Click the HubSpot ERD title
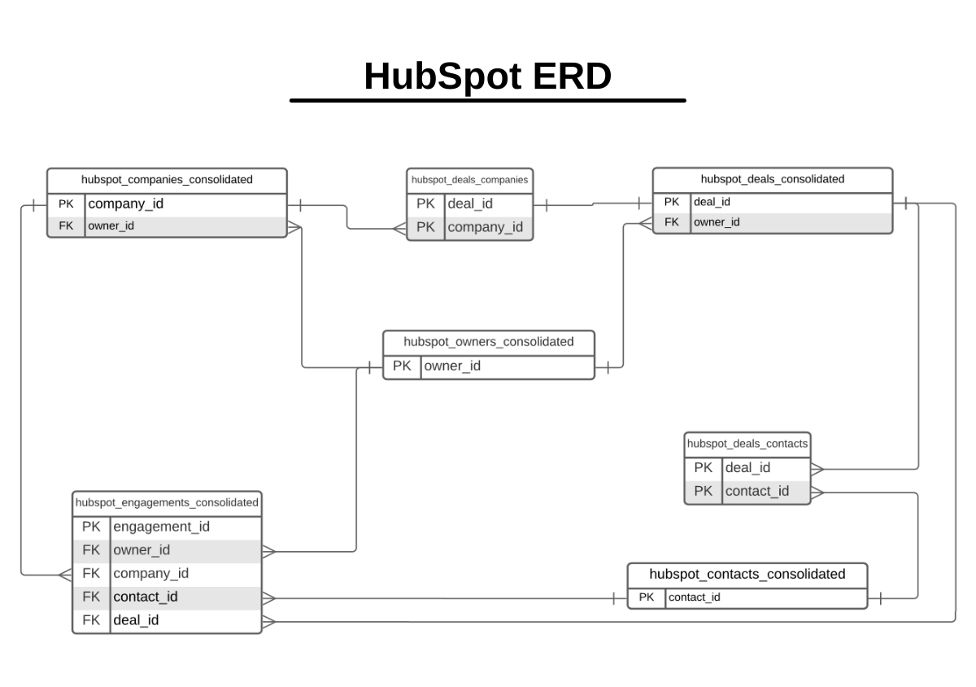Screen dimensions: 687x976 (487, 77)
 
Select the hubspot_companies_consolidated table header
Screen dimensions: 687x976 (167, 180)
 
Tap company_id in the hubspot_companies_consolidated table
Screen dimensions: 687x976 (125, 204)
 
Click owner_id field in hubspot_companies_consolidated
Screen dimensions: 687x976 (111, 226)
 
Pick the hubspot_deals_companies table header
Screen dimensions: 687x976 (469, 180)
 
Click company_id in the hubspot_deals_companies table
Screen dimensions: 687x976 (485, 227)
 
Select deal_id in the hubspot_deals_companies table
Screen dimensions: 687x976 (470, 204)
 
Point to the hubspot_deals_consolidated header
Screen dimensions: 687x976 (772, 179)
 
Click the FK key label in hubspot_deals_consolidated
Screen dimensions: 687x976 (672, 222)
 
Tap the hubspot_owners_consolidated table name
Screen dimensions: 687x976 (488, 342)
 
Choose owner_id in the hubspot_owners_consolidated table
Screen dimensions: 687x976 (452, 366)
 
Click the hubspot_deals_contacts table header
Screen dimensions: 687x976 (747, 444)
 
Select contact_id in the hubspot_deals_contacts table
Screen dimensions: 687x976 (756, 491)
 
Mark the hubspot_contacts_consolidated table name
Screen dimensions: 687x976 (747, 575)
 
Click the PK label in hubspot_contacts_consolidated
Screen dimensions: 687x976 (647, 597)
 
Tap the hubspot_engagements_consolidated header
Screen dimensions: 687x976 (167, 502)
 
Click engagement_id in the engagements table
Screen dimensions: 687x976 (161, 527)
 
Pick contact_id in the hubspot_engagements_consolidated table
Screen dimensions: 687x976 (145, 597)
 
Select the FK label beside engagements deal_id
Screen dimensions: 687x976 (91, 620)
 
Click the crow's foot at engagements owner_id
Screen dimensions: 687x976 (269, 551)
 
